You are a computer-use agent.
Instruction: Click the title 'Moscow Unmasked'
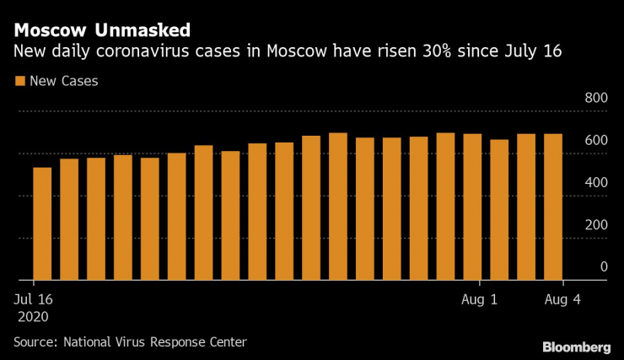(101, 30)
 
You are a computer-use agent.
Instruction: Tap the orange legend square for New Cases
(19, 82)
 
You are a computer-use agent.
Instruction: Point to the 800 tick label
(596, 99)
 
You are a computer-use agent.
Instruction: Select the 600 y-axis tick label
(596, 141)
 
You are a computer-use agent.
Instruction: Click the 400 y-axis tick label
(596, 183)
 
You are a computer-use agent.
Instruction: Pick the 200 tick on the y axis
(596, 225)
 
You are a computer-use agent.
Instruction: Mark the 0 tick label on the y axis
(603, 267)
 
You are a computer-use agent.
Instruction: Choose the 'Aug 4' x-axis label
(563, 299)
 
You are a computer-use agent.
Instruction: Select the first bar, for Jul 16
(42, 223)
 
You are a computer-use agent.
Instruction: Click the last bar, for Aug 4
(553, 207)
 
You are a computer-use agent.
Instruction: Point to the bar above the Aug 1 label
(472, 207)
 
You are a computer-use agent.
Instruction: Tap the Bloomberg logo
(576, 347)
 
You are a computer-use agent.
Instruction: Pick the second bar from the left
(69, 219)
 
